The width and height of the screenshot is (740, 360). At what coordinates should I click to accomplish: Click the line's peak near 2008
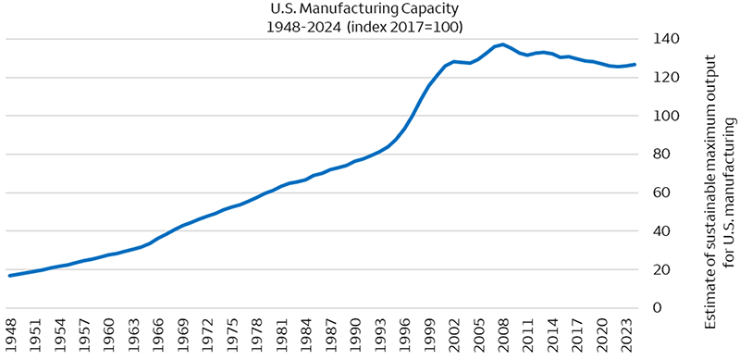point(501,43)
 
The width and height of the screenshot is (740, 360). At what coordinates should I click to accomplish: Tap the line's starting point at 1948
point(10,276)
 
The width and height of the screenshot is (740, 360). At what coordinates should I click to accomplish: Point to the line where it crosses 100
point(413,116)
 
